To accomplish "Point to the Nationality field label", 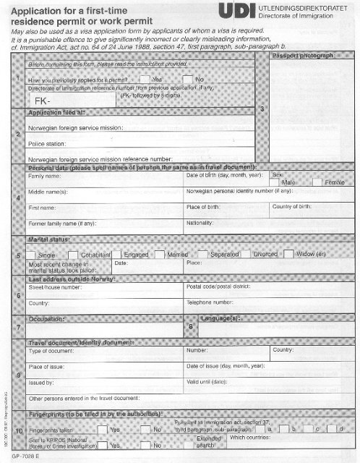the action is (202, 223).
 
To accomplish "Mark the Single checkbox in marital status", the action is (31, 255).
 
